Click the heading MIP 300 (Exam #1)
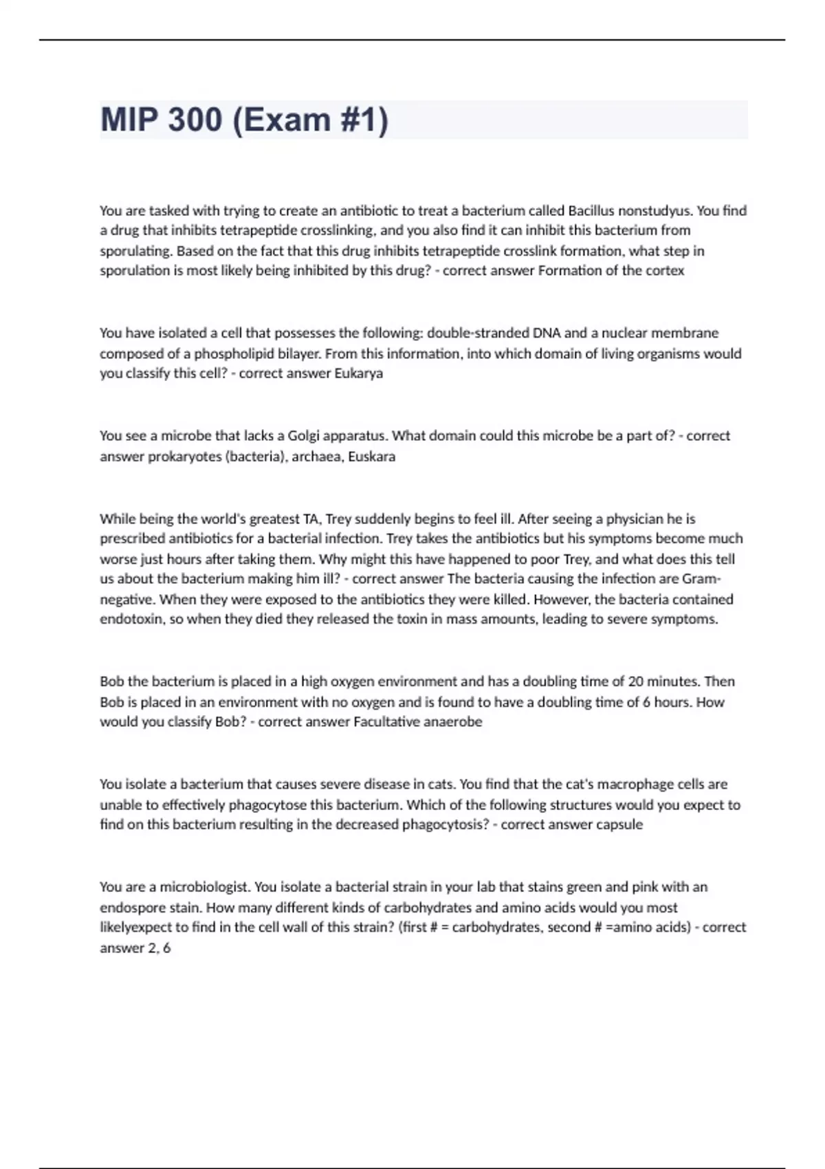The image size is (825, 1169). [x=244, y=120]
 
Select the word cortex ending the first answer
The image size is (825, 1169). [x=665, y=270]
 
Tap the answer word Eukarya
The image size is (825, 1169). [x=358, y=373]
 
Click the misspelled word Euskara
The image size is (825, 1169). [x=371, y=457]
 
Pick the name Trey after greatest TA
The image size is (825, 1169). [x=342, y=518]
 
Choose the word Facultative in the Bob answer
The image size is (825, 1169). [x=386, y=722]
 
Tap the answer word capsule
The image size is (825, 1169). [x=619, y=824]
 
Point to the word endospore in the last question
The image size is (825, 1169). [x=131, y=908]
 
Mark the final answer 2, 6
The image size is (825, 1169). [x=159, y=948]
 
